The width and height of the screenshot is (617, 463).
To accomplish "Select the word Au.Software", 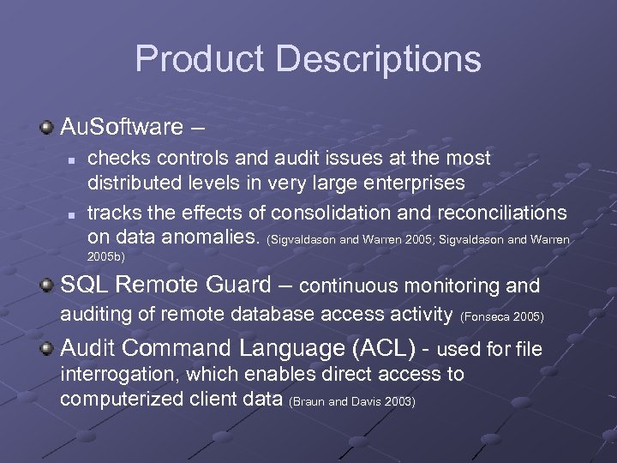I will point(122,128).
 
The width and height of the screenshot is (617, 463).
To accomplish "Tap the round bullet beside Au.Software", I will point(46,128).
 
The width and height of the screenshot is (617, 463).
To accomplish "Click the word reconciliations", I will point(502,212).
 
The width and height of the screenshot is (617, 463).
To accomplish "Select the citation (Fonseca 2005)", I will point(502,317).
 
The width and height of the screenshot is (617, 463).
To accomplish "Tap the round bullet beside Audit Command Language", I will point(46,348).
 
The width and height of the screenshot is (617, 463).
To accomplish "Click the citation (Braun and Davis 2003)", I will point(353,401).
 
